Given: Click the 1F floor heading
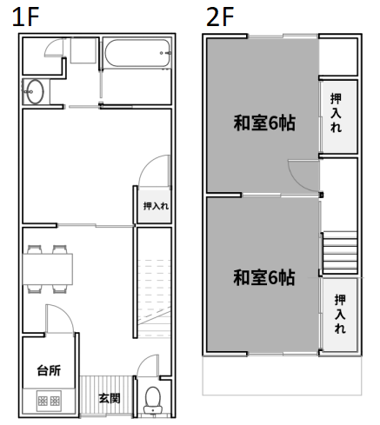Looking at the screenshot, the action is click(x=25, y=17).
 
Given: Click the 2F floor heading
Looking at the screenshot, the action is click(x=220, y=17).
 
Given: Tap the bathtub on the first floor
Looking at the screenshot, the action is click(x=137, y=53).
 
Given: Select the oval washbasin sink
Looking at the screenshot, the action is click(x=36, y=91).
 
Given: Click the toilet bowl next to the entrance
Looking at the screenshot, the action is click(x=153, y=399).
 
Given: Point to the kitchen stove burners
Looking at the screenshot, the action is click(x=49, y=401).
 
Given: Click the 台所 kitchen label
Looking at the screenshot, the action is click(x=49, y=370).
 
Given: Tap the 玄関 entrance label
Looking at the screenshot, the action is click(x=110, y=398).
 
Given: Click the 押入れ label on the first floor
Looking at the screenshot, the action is click(x=156, y=206).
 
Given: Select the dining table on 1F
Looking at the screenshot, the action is click(x=48, y=269).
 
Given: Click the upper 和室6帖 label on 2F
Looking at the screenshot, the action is click(x=264, y=123).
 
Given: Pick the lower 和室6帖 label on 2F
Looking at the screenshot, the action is click(x=264, y=277).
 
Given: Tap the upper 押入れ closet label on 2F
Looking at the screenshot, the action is click(x=336, y=113).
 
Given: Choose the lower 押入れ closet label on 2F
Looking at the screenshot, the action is click(x=340, y=314).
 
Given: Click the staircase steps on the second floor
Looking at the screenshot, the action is click(x=340, y=252).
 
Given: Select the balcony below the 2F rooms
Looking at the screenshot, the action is click(x=282, y=375).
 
